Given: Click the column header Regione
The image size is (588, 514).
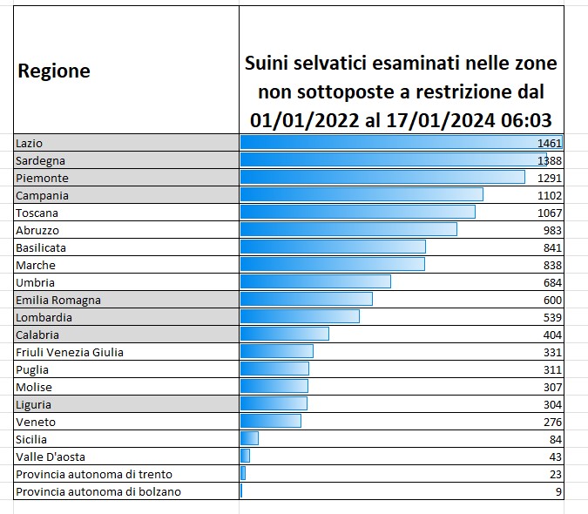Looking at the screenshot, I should click(x=54, y=71).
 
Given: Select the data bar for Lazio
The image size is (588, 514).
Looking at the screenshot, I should click(x=401, y=143).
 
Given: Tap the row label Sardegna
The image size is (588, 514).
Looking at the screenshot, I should click(x=40, y=160).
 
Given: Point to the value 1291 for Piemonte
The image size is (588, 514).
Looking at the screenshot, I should click(x=550, y=178).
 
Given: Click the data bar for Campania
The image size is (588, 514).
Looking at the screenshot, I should click(x=361, y=195).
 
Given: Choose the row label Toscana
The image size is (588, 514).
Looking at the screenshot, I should click(x=36, y=213).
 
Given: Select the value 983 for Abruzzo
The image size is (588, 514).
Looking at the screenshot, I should click(x=552, y=230).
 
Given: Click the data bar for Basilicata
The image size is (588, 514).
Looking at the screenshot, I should click(x=332, y=247).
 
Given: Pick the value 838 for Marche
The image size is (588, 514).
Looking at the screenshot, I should click(x=552, y=265).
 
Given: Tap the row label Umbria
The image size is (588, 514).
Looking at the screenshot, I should click(x=35, y=282).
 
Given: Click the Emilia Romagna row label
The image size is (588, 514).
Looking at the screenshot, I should click(x=58, y=300).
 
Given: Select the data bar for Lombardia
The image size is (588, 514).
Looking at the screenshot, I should click(x=299, y=317).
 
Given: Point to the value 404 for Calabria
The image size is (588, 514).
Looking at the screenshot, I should click(x=552, y=335).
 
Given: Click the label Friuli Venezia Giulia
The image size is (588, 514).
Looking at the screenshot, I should click(x=70, y=352).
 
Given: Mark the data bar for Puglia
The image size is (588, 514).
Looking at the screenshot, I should click(x=274, y=369).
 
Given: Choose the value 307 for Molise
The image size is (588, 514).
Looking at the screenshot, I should click(x=552, y=387).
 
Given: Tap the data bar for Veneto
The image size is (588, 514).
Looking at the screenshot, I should click(x=270, y=422).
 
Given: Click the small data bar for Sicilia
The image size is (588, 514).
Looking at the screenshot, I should click(x=249, y=439).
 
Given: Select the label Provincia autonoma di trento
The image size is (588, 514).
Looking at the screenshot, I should click(x=94, y=474).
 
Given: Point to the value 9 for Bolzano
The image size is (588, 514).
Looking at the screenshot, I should click(x=558, y=491).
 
